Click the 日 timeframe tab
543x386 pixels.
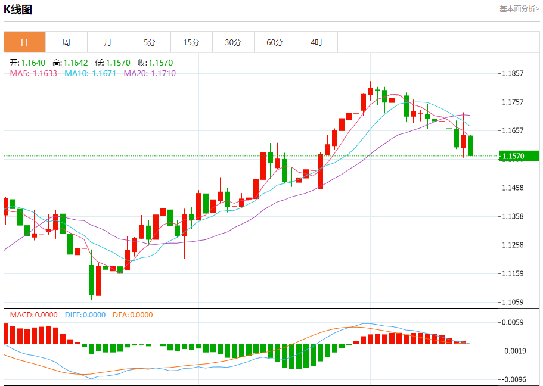pyautogui.click(x=24, y=42)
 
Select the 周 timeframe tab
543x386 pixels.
pyautogui.click(x=66, y=42)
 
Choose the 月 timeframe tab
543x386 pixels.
pyautogui.click(x=108, y=42)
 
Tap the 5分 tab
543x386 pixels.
pyautogui.click(x=150, y=42)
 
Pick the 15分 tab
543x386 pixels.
pyautogui.click(x=191, y=42)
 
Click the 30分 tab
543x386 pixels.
pyautogui.click(x=233, y=42)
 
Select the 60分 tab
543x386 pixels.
pyautogui.click(x=275, y=42)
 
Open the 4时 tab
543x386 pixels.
pyautogui.click(x=317, y=42)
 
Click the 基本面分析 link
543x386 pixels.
pyautogui.click(x=519, y=9)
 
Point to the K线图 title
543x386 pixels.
pyautogui.click(x=18, y=10)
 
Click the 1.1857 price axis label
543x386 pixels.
pyautogui.click(x=513, y=74)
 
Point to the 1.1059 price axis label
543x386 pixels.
pyautogui.click(x=513, y=302)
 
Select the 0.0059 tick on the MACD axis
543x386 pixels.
pyautogui.click(x=513, y=322)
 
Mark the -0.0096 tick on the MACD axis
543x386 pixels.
pyautogui.click(x=513, y=379)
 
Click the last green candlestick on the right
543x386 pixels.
pyautogui.click(x=471, y=146)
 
